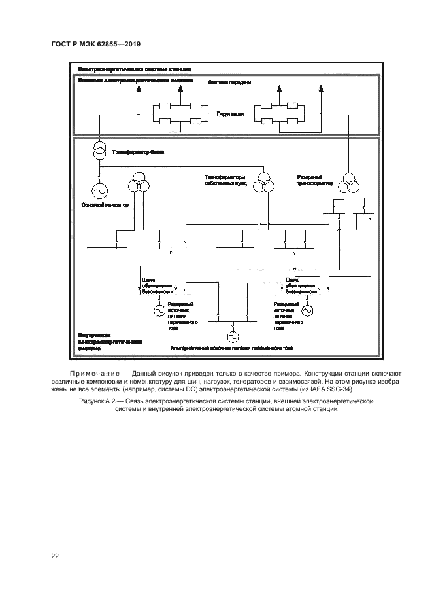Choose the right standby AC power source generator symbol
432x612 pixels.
click(306, 310)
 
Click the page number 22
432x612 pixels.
click(56, 556)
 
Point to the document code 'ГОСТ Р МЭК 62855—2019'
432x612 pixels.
click(95, 44)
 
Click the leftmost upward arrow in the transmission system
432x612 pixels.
click(139, 92)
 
